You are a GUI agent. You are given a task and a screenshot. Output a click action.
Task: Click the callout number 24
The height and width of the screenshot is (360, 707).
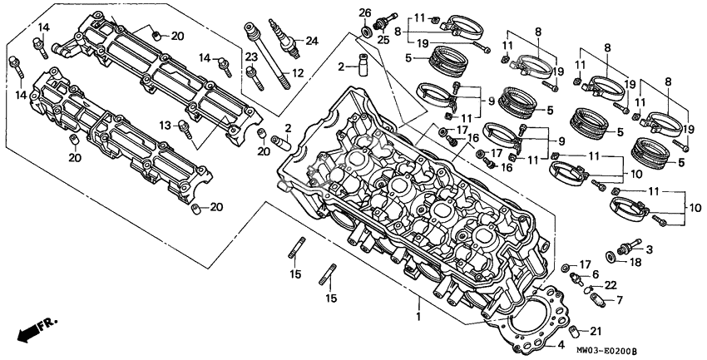point(312,41)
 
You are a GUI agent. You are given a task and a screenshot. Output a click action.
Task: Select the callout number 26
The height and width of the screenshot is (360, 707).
point(364,12)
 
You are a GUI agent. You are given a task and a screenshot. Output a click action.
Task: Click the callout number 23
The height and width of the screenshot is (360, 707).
point(250,57)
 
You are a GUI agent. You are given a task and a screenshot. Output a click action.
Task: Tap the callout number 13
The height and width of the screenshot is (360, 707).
point(166,125)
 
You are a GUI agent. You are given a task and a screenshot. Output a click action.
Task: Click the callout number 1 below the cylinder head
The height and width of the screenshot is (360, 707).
point(419,316)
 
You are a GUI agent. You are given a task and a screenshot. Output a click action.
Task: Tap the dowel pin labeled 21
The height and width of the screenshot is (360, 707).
point(586,333)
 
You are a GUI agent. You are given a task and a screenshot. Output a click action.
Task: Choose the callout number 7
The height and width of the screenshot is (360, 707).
point(619,298)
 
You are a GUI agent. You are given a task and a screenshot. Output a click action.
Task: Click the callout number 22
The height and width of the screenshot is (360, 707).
point(611,285)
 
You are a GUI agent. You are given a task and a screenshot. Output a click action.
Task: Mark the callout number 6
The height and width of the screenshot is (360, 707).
point(595,274)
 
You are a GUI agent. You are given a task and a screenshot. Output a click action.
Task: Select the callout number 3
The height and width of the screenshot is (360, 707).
point(649,249)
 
